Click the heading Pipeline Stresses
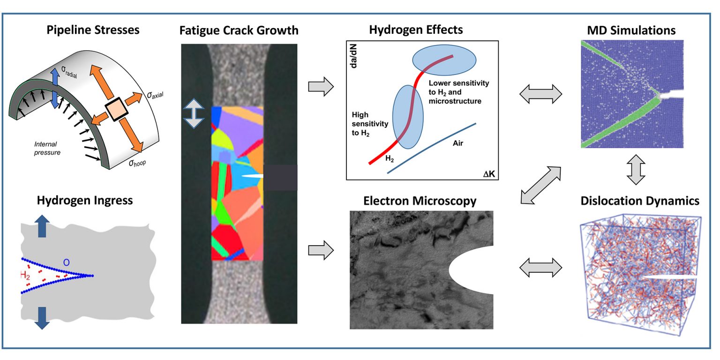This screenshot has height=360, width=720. click(92, 30)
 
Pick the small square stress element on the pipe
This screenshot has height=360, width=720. click(116, 110)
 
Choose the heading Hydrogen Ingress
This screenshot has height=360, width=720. click(85, 201)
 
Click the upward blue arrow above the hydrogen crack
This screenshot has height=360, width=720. click(42, 226)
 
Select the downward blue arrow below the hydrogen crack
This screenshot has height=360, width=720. click(42, 317)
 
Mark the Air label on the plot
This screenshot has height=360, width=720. click(458, 143)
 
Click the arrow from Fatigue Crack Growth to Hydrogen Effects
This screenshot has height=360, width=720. click(321, 88)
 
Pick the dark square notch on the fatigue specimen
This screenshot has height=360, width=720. click(280, 178)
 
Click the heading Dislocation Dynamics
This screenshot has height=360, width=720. click(640, 201)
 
